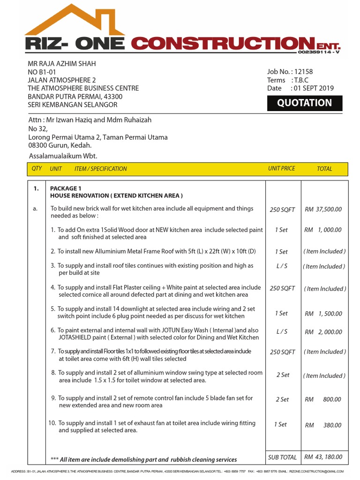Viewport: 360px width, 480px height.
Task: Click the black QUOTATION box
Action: [x=304, y=103]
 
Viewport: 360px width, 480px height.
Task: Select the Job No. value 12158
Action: [x=304, y=72]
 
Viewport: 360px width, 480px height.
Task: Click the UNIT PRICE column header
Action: [x=281, y=168]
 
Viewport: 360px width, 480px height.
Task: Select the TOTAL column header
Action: [x=324, y=169]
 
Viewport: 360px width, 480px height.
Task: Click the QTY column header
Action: [x=37, y=168]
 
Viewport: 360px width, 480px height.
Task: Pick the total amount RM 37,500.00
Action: [x=323, y=210]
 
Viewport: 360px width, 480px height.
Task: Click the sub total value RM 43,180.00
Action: [x=323, y=457]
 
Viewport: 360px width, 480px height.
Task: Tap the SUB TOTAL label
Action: [x=282, y=457]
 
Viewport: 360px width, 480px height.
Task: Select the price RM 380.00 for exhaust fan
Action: [x=323, y=425]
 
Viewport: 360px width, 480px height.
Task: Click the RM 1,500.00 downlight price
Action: [x=323, y=314]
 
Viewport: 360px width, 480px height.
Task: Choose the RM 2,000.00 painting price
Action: [x=323, y=332]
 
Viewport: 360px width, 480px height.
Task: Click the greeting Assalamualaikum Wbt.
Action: [x=63, y=156]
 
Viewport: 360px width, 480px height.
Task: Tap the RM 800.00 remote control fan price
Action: [x=323, y=400]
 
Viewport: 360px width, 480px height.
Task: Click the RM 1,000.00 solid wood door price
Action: [x=323, y=230]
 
